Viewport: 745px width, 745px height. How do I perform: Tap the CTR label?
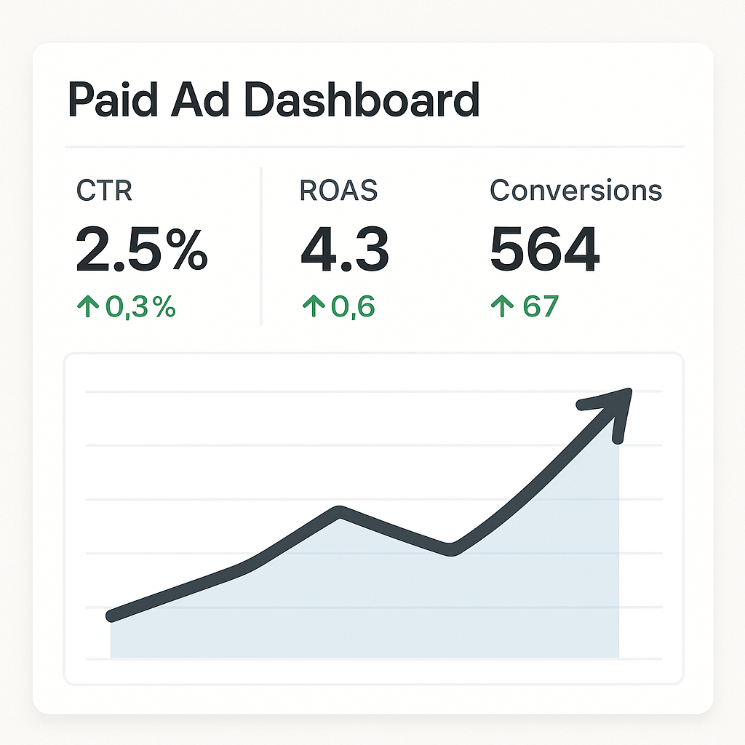click(104, 191)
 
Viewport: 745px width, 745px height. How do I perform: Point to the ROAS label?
click(338, 191)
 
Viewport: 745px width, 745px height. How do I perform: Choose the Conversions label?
click(575, 191)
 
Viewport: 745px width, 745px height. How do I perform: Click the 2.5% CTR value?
click(141, 250)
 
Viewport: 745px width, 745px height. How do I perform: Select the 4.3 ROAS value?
click(344, 250)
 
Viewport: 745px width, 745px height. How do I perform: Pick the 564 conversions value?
click(544, 250)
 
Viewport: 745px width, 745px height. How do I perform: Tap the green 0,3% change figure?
click(141, 307)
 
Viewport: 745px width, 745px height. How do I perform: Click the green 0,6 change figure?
click(353, 307)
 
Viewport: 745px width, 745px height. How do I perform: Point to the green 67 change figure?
click(540, 307)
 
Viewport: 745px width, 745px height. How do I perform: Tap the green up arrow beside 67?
click(501, 307)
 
